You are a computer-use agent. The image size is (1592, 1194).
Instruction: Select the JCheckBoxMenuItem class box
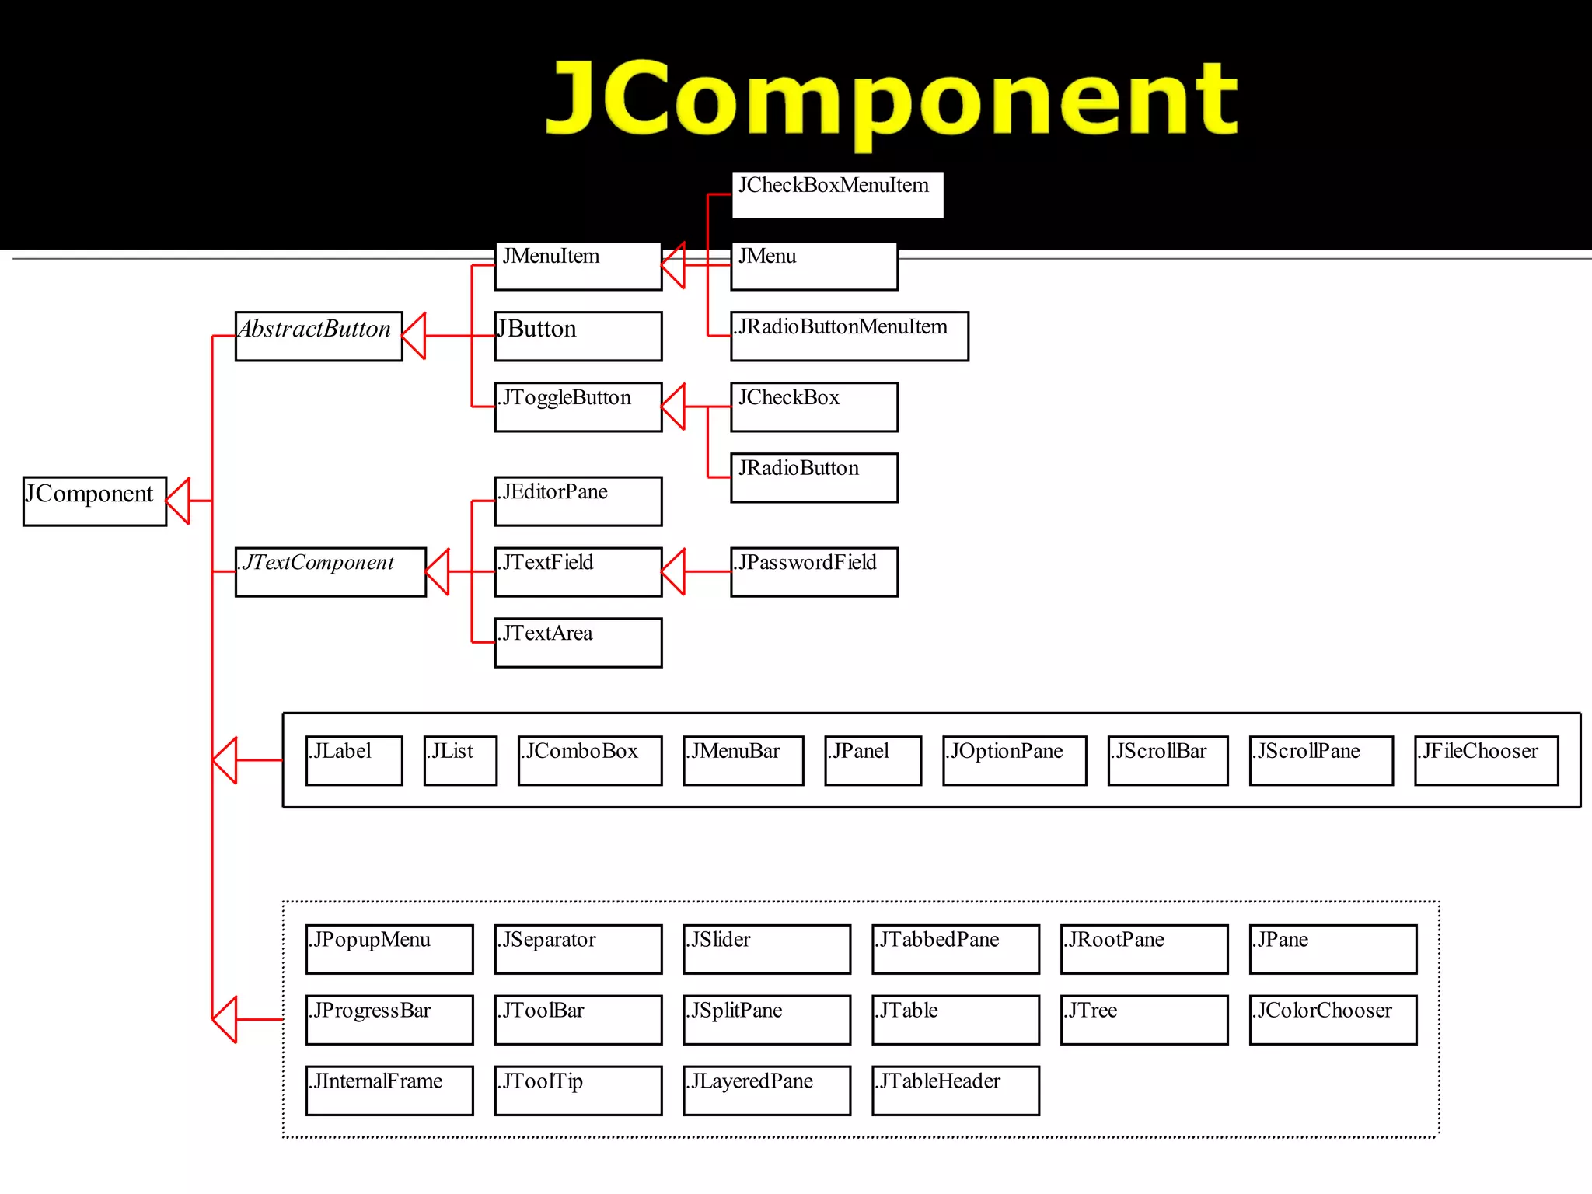pyautogui.click(x=837, y=194)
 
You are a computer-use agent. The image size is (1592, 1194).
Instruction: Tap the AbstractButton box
pyautogui.click(x=319, y=336)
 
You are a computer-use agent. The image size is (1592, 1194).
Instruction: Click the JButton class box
pyautogui.click(x=578, y=336)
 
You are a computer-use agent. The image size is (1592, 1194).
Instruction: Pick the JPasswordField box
pyautogui.click(x=814, y=571)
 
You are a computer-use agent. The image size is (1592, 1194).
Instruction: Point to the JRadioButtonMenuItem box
pyautogui.click(x=849, y=336)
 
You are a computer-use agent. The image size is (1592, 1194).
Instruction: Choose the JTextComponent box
pyautogui.click(x=330, y=571)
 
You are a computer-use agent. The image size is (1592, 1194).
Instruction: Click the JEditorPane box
pyautogui.click(x=578, y=501)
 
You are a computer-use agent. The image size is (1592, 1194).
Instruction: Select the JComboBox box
pyautogui.click(x=590, y=760)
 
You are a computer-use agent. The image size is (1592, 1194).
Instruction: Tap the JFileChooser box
pyautogui.click(x=1486, y=760)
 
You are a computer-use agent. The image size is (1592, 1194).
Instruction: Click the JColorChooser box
pyautogui.click(x=1332, y=1019)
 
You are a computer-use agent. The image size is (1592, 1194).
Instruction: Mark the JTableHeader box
pyautogui.click(x=955, y=1090)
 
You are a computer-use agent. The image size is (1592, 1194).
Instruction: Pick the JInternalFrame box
pyautogui.click(x=389, y=1090)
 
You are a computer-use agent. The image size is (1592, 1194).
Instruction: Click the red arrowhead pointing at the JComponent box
pyautogui.click(x=179, y=501)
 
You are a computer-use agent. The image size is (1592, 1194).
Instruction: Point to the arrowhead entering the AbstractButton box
pyautogui.click(x=414, y=336)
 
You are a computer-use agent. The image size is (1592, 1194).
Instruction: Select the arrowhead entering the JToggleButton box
pyautogui.click(x=673, y=407)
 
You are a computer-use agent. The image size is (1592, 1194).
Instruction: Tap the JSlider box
pyautogui.click(x=766, y=948)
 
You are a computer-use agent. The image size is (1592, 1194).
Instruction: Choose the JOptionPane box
pyautogui.click(x=1014, y=760)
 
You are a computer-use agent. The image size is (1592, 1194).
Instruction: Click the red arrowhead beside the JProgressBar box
pyautogui.click(x=225, y=1019)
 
